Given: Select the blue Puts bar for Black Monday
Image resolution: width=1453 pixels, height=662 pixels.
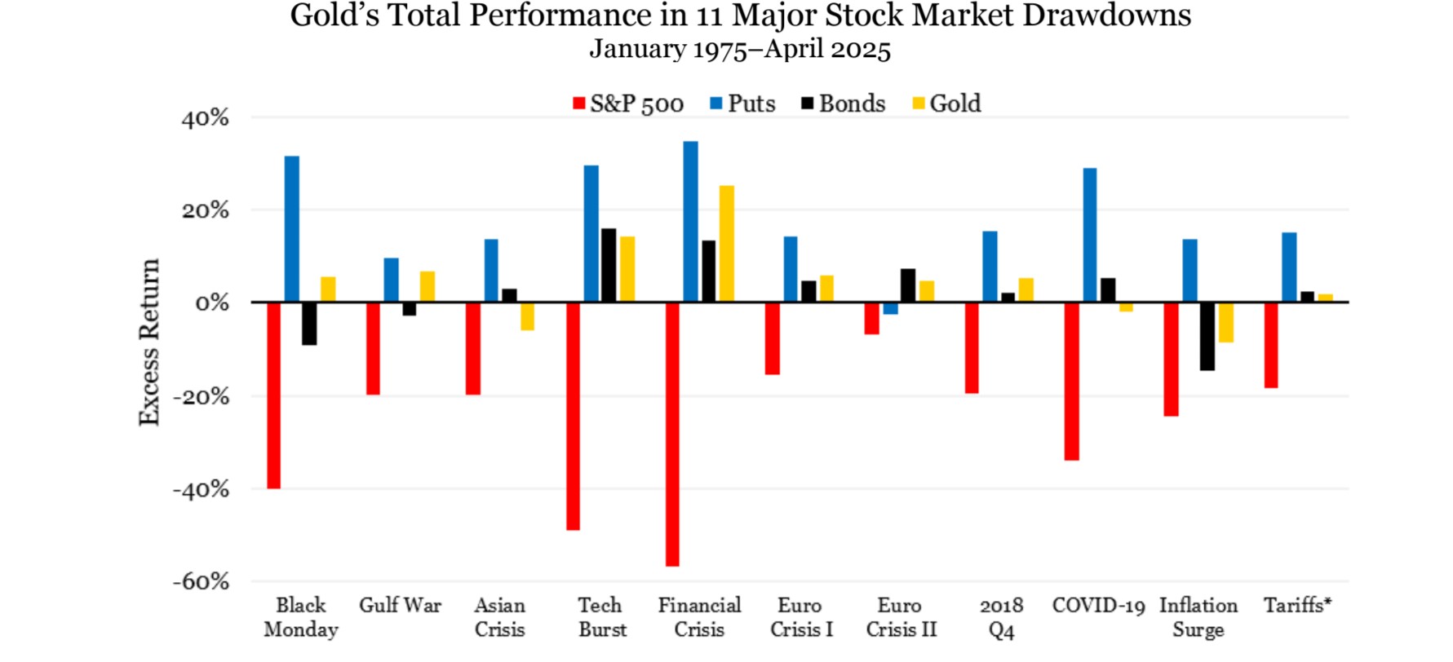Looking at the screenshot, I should (x=291, y=229).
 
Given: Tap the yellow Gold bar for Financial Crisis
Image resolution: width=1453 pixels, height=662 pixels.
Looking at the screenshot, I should (x=726, y=244).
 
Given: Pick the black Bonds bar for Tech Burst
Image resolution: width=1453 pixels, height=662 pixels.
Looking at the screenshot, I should (x=609, y=265).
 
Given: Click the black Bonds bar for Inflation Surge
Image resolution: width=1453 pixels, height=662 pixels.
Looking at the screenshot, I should (x=1207, y=336).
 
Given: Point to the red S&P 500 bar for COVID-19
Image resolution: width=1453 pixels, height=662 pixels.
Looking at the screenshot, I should (x=1071, y=381).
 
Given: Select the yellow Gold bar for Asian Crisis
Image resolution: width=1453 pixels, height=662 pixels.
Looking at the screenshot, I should (x=527, y=316).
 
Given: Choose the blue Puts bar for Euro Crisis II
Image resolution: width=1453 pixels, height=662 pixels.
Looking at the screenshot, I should (x=890, y=308).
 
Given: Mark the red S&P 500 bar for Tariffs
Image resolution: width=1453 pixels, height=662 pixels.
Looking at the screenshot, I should (x=1270, y=345).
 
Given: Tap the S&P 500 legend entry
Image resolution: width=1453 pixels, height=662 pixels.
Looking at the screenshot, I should (x=628, y=104).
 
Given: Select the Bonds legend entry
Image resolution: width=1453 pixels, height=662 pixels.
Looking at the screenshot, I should (x=844, y=104).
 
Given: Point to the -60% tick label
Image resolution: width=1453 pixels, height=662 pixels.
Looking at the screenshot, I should (x=201, y=581).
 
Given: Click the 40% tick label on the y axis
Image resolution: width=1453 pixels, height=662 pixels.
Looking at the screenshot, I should (x=205, y=118).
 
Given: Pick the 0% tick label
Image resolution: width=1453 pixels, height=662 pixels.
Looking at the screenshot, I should (x=212, y=303).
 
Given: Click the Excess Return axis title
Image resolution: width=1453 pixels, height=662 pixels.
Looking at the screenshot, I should (x=148, y=342).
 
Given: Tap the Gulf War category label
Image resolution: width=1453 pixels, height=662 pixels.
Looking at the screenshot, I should (x=400, y=606).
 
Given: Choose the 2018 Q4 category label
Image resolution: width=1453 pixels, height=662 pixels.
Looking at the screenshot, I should (x=1001, y=617).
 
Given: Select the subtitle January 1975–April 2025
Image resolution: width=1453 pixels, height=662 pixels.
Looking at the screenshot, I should (x=740, y=49).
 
